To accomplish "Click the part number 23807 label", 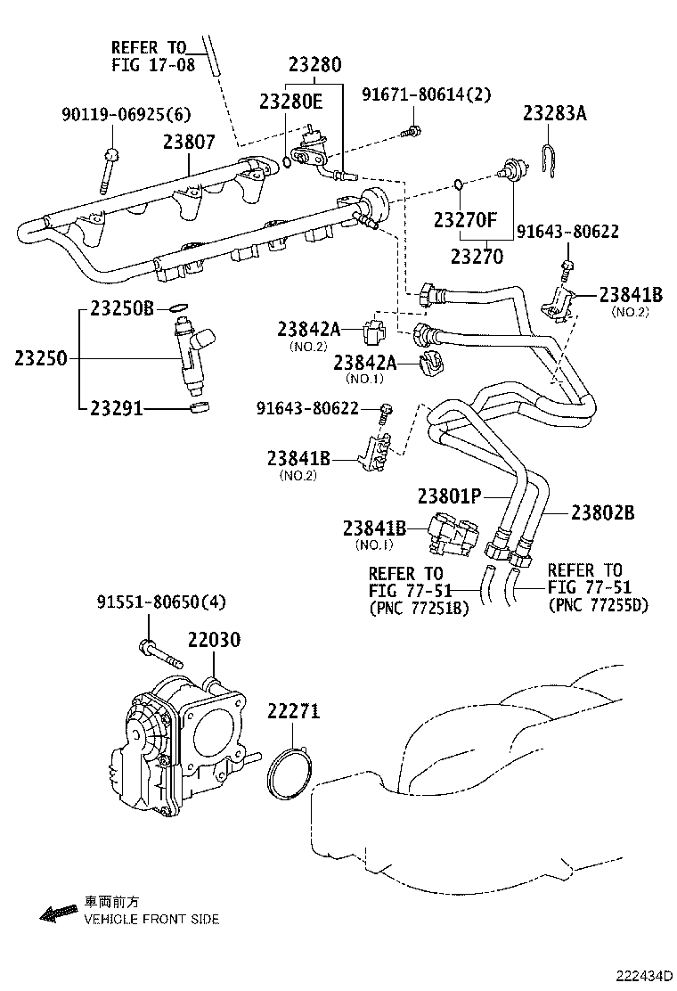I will (189, 142).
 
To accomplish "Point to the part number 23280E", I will (291, 102).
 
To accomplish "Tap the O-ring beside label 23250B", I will (179, 308).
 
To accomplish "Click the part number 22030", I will (213, 640).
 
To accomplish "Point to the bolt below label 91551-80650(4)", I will (160, 656).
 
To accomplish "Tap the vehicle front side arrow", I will (59, 912).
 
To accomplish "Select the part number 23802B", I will (602, 512).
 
